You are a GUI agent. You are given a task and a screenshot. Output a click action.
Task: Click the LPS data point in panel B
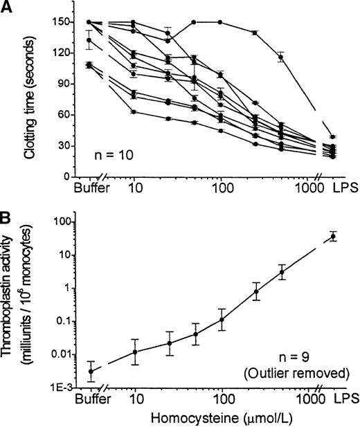pos(333,236)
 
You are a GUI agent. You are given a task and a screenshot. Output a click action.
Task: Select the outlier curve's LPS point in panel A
pos(333,137)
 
